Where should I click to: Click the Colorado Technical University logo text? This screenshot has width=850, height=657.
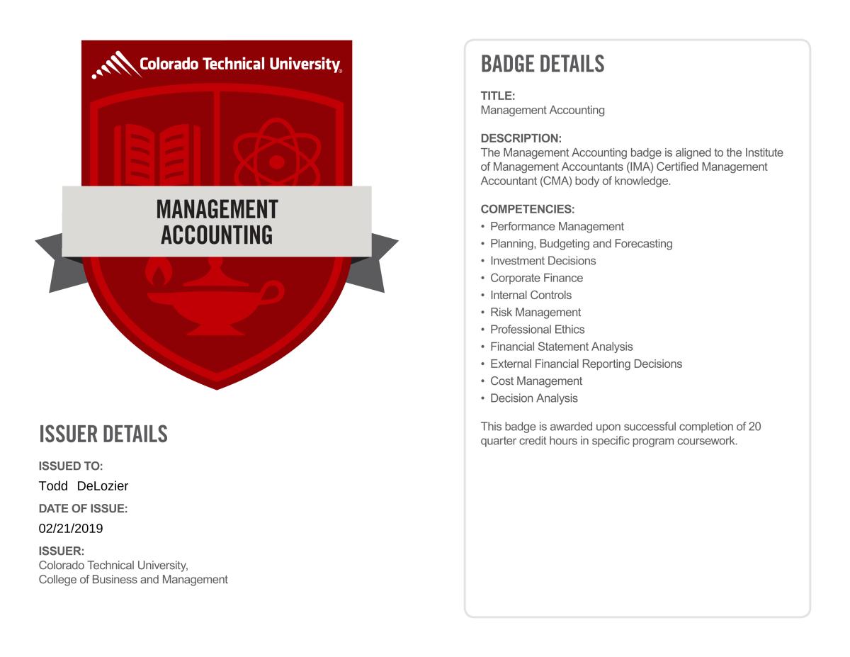click(240, 64)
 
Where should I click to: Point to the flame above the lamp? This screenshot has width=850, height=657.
click(155, 273)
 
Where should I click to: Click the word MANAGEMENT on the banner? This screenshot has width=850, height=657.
click(217, 210)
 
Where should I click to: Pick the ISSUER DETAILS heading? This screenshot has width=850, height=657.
click(103, 434)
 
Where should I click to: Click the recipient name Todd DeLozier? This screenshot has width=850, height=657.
click(84, 485)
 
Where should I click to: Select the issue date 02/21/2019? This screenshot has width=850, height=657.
click(71, 528)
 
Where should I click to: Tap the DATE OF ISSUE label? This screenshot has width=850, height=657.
click(83, 508)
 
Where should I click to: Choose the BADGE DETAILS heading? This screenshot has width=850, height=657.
click(543, 64)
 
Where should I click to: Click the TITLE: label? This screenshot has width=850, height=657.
click(497, 96)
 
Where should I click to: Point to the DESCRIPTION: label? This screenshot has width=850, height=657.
click(521, 138)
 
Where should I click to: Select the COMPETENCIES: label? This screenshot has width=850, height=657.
click(527, 209)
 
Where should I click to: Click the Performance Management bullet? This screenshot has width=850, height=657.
click(557, 227)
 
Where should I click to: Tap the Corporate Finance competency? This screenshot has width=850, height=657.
click(536, 278)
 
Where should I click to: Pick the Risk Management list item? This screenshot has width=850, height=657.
click(535, 313)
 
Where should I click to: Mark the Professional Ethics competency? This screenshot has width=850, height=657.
click(537, 330)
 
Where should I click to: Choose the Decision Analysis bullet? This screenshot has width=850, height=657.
click(533, 398)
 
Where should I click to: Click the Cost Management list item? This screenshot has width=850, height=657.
click(535, 381)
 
